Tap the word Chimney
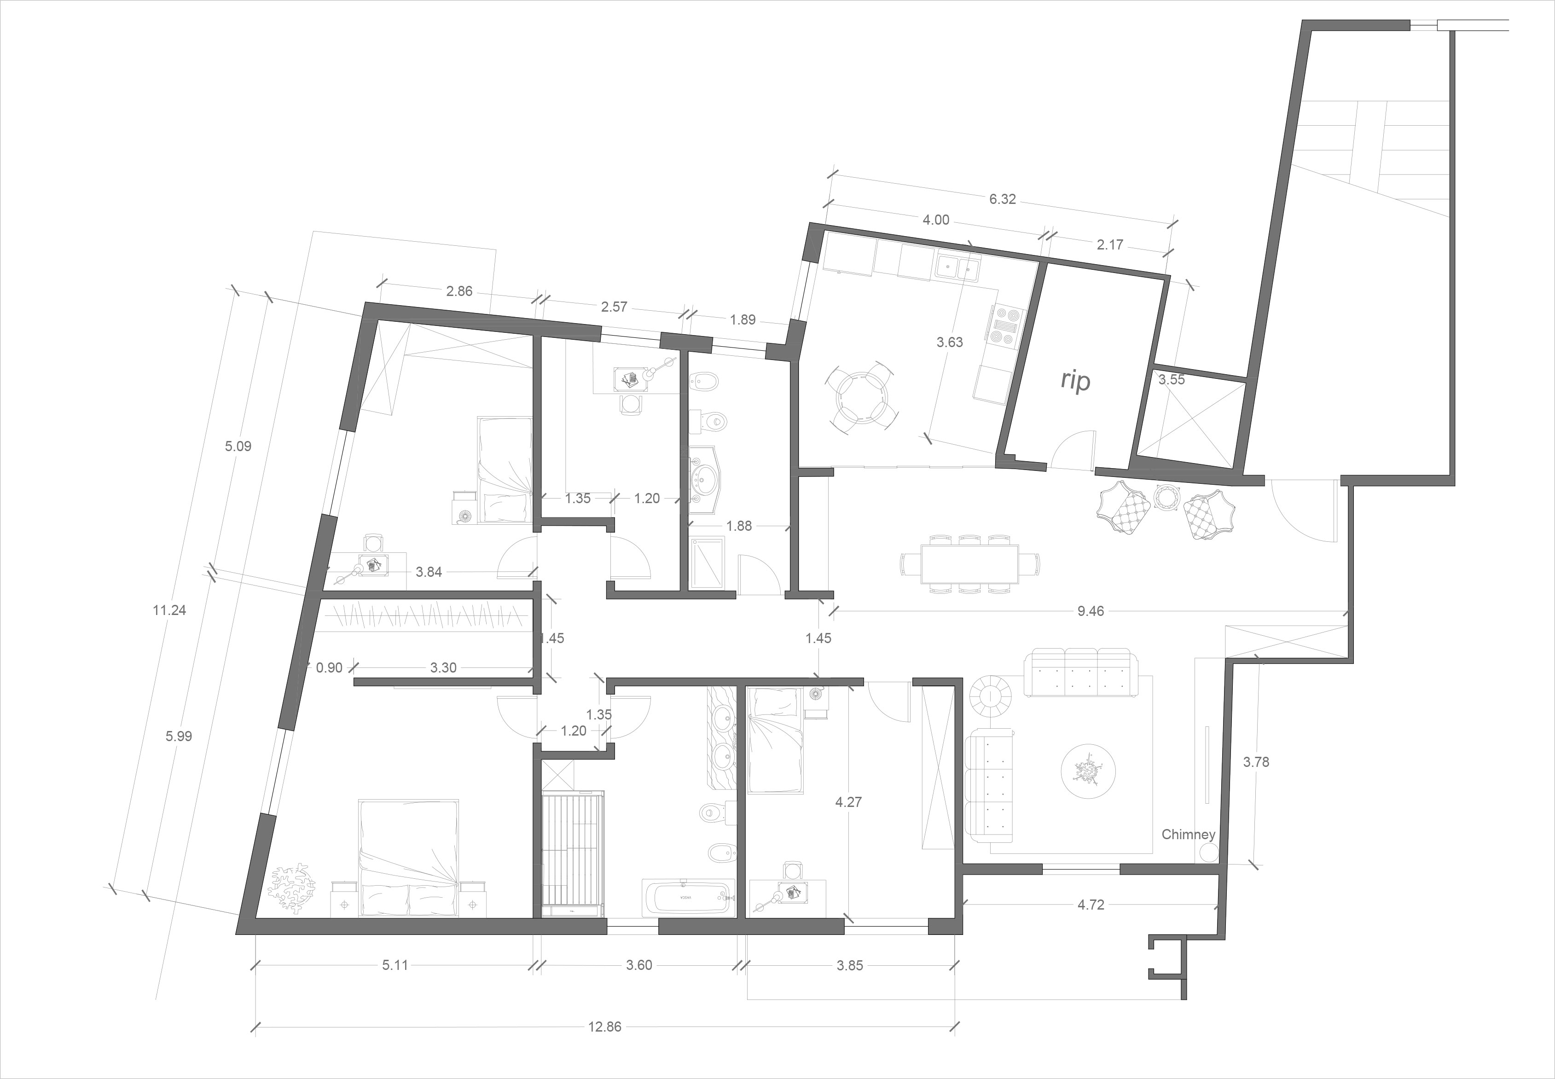click(1188, 834)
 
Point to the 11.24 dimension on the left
click(169, 610)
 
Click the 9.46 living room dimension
click(1091, 611)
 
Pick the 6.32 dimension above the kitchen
click(1002, 199)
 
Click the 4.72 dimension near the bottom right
click(1091, 905)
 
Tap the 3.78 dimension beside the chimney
click(1256, 762)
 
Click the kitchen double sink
click(958, 268)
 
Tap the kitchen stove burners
click(1006, 327)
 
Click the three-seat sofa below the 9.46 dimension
click(1079, 672)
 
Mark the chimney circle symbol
click(1208, 854)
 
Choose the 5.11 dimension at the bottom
click(395, 965)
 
